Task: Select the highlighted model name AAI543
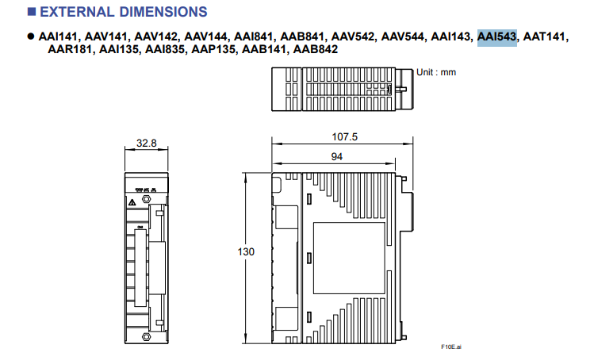click(x=496, y=36)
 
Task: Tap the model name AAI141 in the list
click(x=59, y=36)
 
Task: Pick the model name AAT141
click(x=546, y=36)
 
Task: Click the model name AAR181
click(x=71, y=50)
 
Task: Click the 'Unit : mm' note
click(x=437, y=72)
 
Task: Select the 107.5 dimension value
click(x=344, y=137)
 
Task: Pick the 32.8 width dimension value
click(x=146, y=144)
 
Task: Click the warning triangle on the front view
click(x=132, y=203)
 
